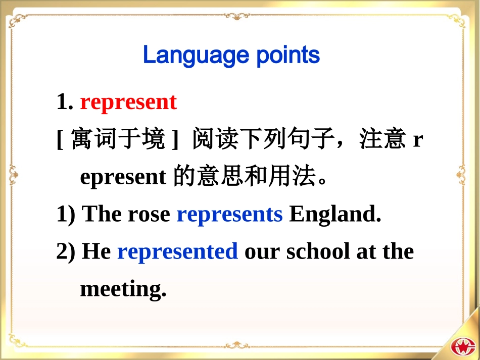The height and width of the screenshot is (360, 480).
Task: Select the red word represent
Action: point(128,102)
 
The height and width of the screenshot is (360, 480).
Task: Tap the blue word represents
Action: point(229,215)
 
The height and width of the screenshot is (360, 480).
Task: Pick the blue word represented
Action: point(177,251)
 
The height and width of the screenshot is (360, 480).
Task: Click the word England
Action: point(335,215)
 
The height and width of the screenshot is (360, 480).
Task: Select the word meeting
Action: point(123,289)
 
